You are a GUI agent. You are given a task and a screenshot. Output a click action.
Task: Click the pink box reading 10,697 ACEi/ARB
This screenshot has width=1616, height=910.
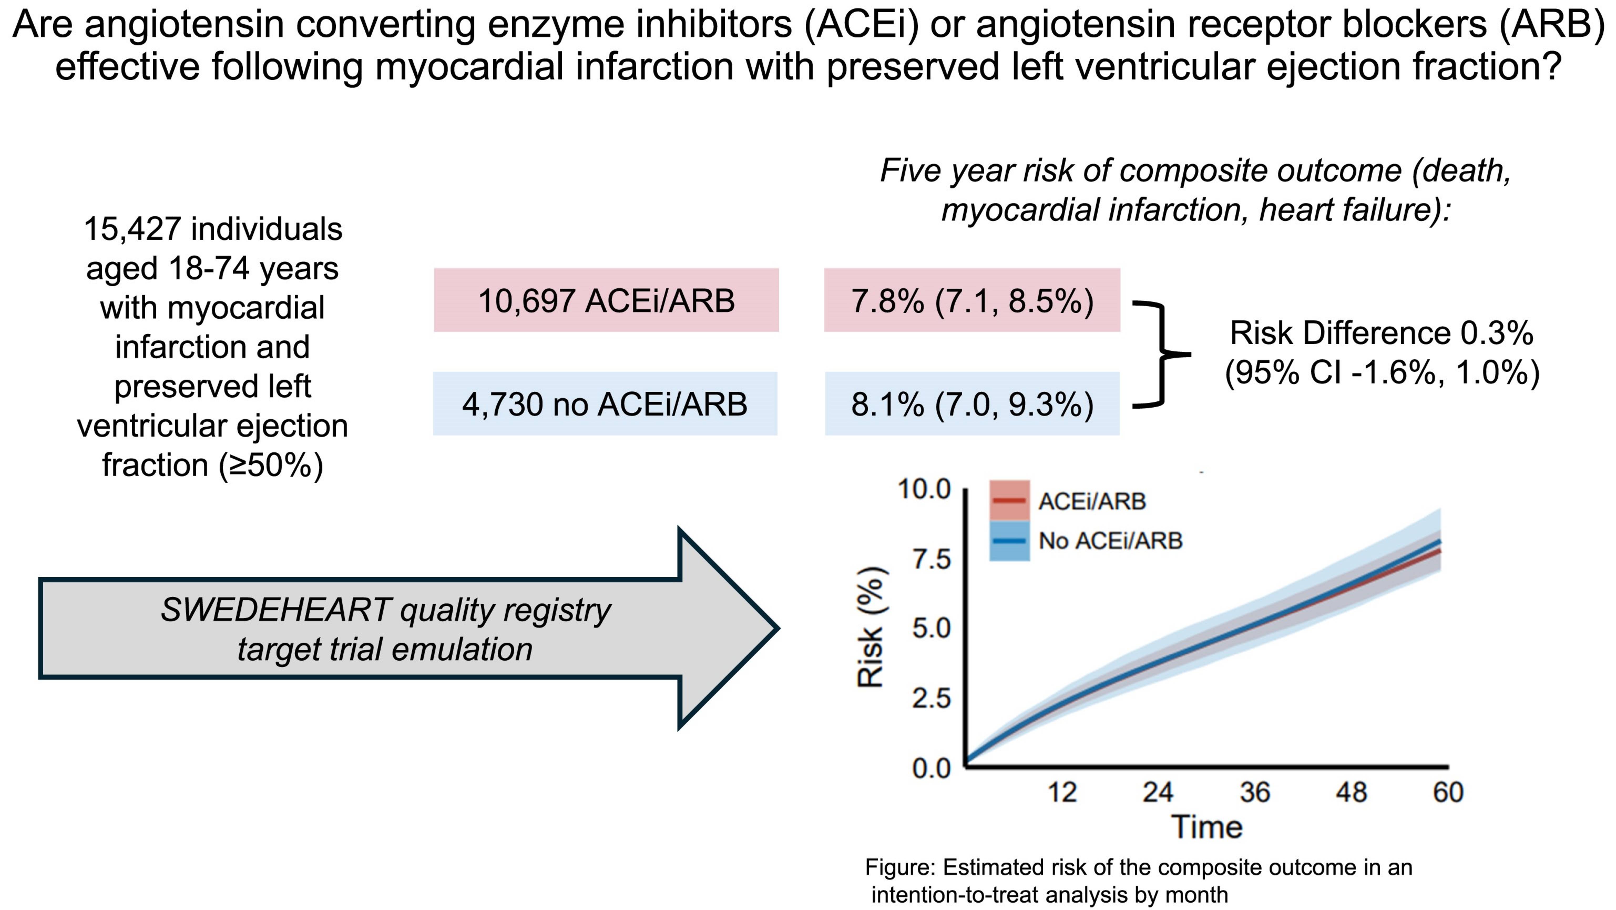pos(606,300)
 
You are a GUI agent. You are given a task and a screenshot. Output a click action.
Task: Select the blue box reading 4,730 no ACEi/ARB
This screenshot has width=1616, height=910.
pos(605,403)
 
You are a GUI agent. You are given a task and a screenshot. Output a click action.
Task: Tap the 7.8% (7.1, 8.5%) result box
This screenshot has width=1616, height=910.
pos(972,300)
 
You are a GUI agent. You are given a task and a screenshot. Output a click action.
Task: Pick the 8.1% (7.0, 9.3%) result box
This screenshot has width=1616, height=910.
pos(972,403)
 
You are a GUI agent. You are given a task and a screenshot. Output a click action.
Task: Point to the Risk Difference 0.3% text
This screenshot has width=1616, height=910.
pos(1381,333)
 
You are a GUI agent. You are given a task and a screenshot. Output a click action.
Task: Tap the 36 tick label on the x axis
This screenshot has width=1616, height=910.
pos(1255,792)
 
